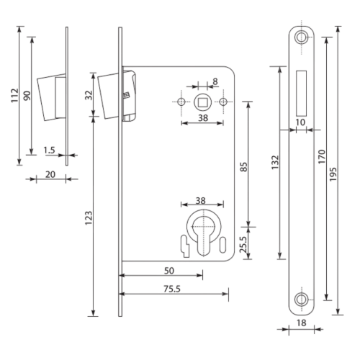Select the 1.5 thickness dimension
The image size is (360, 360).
tap(49, 151)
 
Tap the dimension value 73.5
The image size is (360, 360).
tap(172, 289)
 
